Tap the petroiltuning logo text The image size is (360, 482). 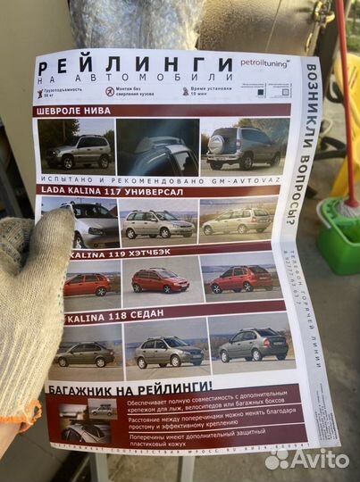(264, 62)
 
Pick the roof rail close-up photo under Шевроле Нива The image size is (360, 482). (157, 146)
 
